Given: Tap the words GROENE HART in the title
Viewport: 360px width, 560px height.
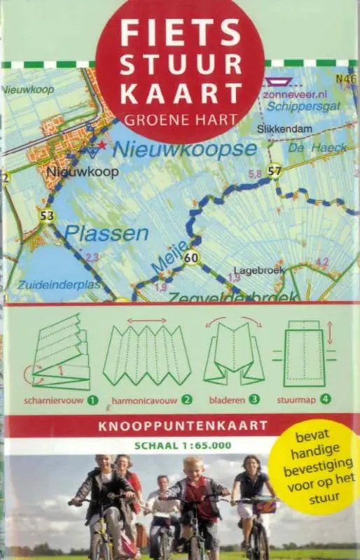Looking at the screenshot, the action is click(x=180, y=119).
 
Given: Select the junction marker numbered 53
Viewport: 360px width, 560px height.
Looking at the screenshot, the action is click(x=47, y=216).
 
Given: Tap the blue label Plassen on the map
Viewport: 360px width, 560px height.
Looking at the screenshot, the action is click(x=98, y=232).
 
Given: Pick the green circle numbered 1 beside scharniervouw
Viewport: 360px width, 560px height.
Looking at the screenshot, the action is click(x=92, y=400).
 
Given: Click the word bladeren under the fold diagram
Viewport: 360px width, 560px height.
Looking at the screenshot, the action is click(x=227, y=400).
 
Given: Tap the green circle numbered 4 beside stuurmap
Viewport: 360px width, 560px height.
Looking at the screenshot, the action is click(x=326, y=400).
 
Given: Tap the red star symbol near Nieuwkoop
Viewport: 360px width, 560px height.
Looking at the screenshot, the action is click(x=102, y=145).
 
